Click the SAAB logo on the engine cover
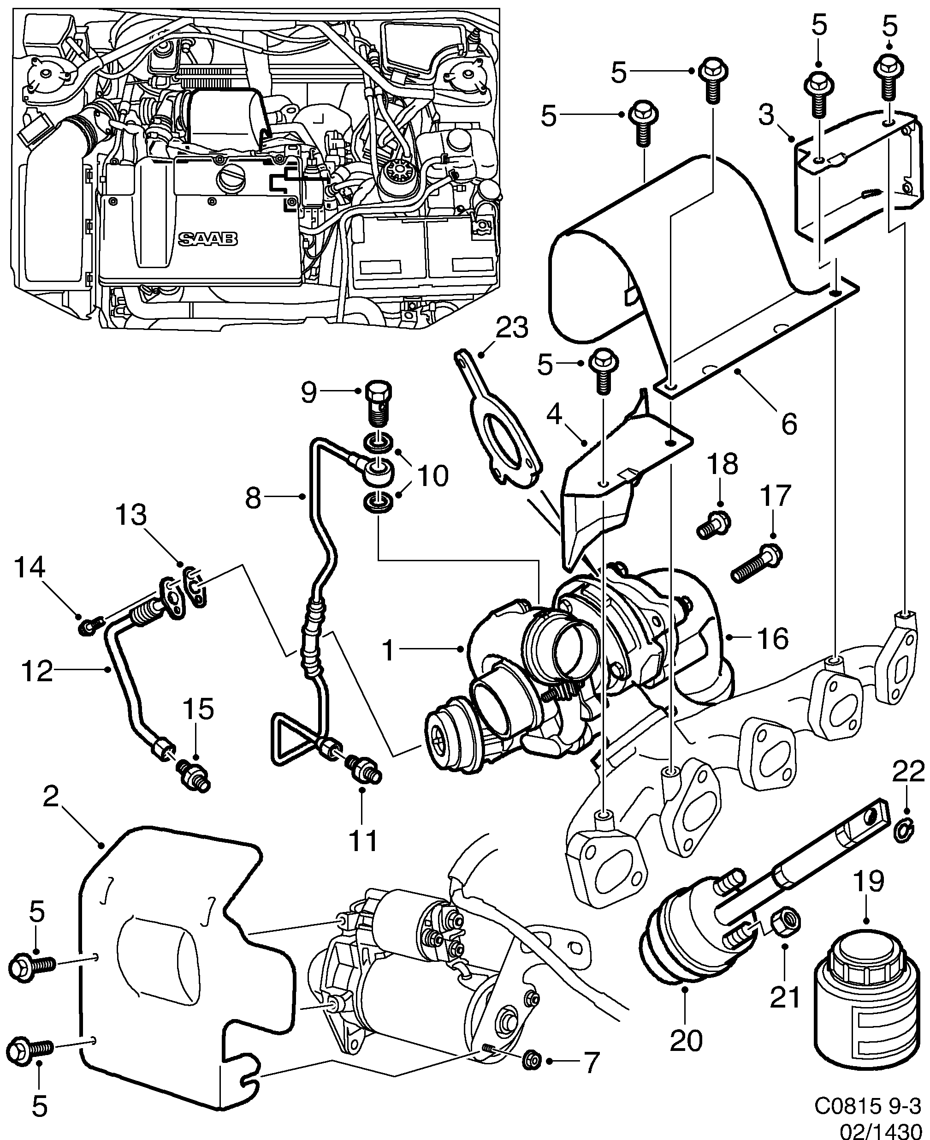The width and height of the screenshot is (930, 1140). click(x=208, y=239)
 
